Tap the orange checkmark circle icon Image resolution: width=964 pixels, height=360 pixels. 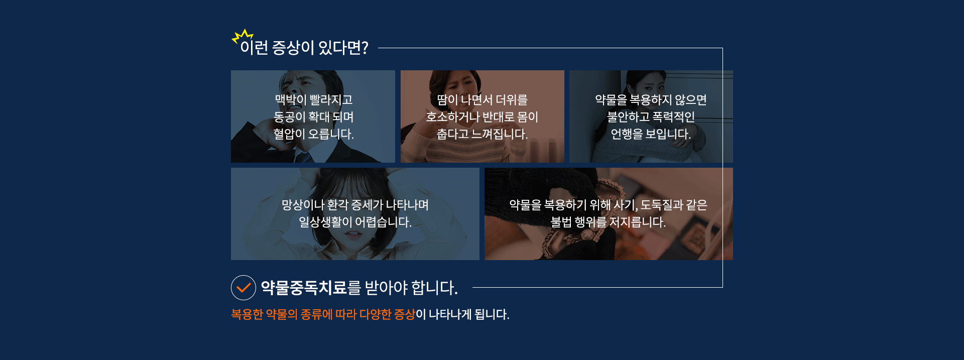point(244,288)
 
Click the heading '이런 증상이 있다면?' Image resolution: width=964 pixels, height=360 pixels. point(304,48)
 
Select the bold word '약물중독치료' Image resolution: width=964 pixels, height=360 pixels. point(304,288)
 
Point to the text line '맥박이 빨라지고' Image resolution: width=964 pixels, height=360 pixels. point(313,100)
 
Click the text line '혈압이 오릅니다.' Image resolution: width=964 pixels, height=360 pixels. point(313,134)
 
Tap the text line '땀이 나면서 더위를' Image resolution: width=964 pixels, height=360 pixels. point(482,100)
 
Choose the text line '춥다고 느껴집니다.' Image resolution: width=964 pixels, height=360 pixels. point(482,134)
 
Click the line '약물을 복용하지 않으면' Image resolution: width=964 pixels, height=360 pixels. point(651,100)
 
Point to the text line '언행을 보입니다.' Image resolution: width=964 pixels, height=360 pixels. point(651,134)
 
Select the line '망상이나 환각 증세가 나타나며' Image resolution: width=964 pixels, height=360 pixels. point(355,205)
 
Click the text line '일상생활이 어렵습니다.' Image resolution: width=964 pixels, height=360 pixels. point(355,222)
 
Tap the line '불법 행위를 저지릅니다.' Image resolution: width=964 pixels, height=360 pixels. point(608,222)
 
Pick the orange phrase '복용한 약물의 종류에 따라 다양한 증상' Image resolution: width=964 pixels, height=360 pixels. point(323,314)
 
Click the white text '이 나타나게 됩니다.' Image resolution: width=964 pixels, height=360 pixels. point(462,314)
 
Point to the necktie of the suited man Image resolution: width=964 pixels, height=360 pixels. point(304,157)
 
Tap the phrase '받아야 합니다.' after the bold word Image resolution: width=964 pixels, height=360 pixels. point(411,288)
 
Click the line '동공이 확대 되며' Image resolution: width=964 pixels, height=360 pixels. point(313,117)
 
